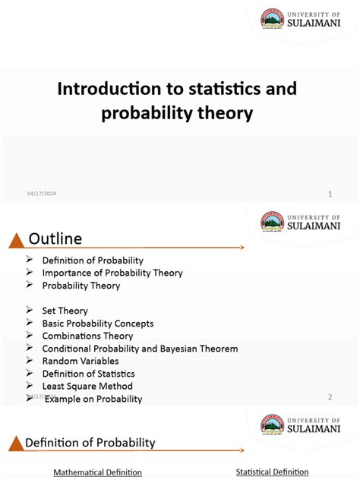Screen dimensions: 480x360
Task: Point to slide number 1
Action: pyautogui.click(x=330, y=194)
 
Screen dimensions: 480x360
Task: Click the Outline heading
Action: pyautogui.click(x=55, y=239)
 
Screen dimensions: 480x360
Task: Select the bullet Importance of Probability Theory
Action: pyautogui.click(x=112, y=273)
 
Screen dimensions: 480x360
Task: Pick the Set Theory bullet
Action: pyautogui.click(x=65, y=311)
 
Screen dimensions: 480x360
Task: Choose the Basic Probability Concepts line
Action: pyautogui.click(x=98, y=323)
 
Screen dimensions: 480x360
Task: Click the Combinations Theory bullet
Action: pyautogui.click(x=87, y=336)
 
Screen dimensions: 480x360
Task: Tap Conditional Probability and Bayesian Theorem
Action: pyautogui.click(x=140, y=349)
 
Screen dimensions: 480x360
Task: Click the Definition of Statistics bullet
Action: pyautogui.click(x=88, y=374)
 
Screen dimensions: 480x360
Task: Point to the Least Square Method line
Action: pyautogui.click(x=87, y=386)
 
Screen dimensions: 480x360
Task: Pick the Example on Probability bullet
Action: pyautogui.click(x=93, y=399)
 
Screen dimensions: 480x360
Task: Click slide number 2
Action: pyautogui.click(x=330, y=396)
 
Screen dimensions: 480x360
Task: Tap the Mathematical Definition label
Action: pyautogui.click(x=97, y=472)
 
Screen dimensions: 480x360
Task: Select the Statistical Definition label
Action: pyautogui.click(x=272, y=472)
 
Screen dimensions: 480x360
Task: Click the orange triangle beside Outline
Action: pyautogui.click(x=15, y=242)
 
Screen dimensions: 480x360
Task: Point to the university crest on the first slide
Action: pyautogui.click(x=272, y=19)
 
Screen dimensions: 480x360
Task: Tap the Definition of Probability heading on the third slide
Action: pyautogui.click(x=90, y=442)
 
